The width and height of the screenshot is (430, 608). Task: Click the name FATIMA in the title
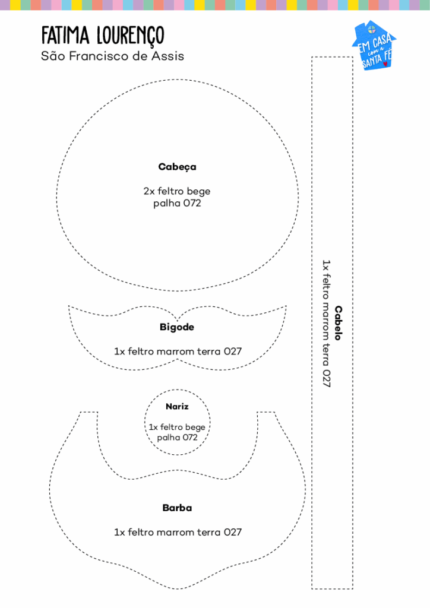[x=65, y=35]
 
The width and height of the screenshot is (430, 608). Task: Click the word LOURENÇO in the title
[x=131, y=36]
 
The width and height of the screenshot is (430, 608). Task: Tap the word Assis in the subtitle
[x=167, y=56]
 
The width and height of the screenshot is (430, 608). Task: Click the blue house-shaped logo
[x=374, y=45]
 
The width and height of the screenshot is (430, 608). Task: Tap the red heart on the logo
[x=385, y=64]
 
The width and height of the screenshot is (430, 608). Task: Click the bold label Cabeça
[x=177, y=167]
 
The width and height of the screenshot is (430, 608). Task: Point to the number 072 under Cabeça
[x=192, y=203]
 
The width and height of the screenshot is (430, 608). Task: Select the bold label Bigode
[x=177, y=327]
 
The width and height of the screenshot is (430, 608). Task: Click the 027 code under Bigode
[x=233, y=351]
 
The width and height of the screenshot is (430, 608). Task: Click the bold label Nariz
[x=177, y=406]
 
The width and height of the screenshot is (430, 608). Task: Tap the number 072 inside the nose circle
[x=190, y=438]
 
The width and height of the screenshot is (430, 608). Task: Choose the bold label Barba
[x=177, y=508]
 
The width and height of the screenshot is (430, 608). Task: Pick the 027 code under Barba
[x=233, y=532]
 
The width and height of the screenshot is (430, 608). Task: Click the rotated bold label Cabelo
[x=339, y=323]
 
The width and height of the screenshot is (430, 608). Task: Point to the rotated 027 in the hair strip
[x=327, y=378]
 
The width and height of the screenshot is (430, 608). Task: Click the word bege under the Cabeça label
[x=198, y=192]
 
